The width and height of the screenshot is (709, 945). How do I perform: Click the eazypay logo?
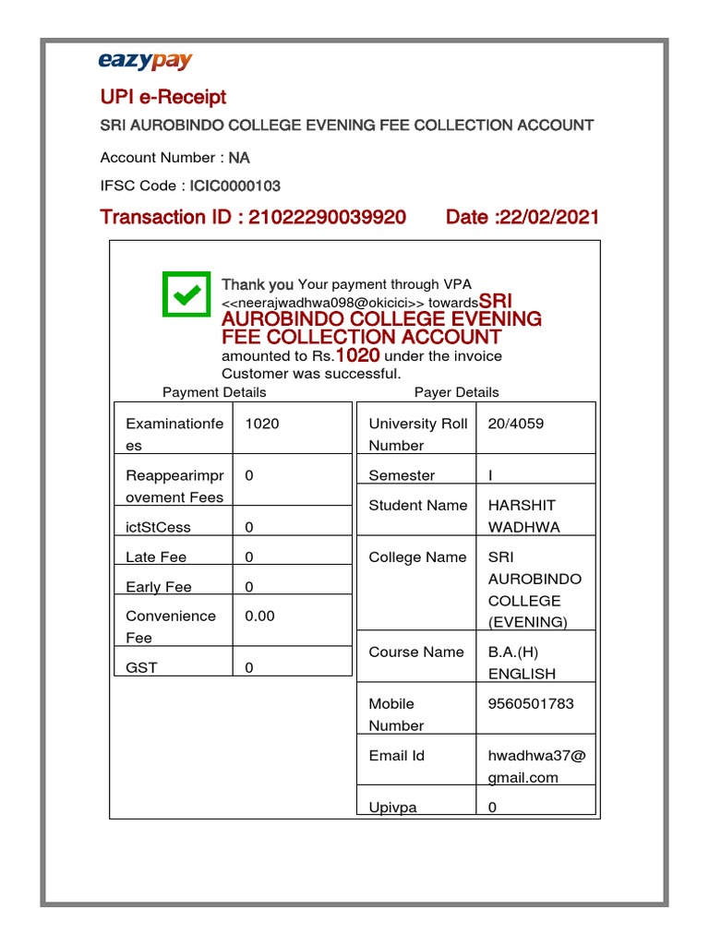145,62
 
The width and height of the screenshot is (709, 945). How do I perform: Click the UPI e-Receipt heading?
162,97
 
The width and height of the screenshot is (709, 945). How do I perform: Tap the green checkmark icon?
186,293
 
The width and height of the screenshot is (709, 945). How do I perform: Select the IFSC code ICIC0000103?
235,185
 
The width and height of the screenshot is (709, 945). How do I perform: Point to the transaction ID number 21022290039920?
327,217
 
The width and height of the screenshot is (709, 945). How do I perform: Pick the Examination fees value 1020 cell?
262,424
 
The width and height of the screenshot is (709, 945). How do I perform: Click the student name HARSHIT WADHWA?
523,516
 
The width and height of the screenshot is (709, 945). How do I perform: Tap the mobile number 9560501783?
531,703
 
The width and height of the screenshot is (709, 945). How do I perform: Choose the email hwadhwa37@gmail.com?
535,766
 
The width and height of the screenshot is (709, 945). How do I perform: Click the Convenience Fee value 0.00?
259,616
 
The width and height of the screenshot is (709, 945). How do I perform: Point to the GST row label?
141,667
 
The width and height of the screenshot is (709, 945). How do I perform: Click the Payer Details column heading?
456,392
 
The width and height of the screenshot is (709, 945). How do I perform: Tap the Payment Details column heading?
214,392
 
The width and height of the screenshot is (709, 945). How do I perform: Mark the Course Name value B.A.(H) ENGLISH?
522,663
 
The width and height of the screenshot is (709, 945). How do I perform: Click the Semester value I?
490,475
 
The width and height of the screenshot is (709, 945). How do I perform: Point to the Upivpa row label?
392,807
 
